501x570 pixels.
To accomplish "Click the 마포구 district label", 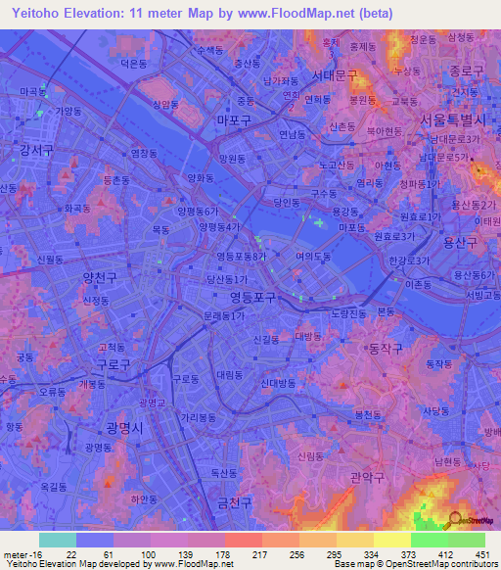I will coord(234,119).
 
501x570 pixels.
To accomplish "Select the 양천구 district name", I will coord(101,278).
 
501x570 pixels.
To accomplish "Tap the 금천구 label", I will coord(235,501).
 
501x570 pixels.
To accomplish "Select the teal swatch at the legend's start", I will coord(57,540).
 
